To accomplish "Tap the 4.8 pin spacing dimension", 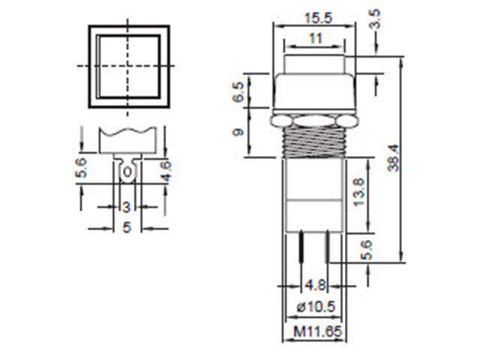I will (316, 285).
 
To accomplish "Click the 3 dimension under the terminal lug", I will (127, 206).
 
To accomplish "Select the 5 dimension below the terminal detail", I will (127, 228).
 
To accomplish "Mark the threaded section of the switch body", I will (315, 142).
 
